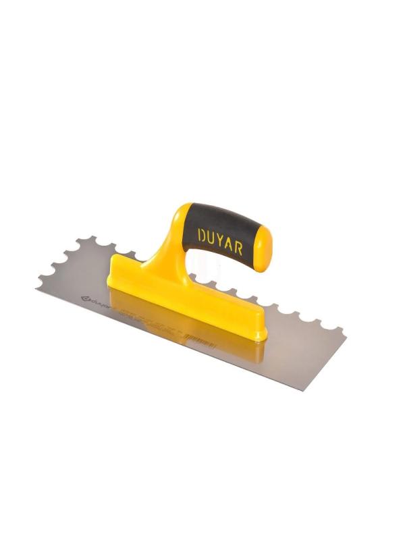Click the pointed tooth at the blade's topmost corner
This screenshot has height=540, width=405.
click(79, 238)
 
